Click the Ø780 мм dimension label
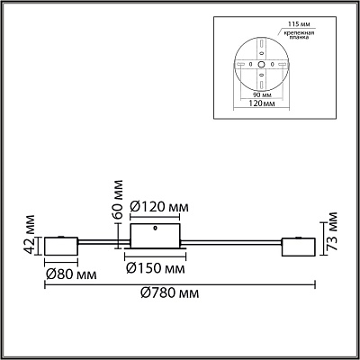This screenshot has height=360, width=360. point(170,292)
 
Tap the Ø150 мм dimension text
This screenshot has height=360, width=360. point(156,268)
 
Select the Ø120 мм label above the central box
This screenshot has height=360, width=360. point(159,207)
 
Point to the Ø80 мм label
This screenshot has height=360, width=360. point(71,274)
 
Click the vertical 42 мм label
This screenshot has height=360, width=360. point(30,234)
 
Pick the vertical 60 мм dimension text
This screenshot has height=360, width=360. point(118,200)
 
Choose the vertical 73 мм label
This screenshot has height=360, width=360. point(332,231)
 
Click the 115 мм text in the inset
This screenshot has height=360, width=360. point(294,23)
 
